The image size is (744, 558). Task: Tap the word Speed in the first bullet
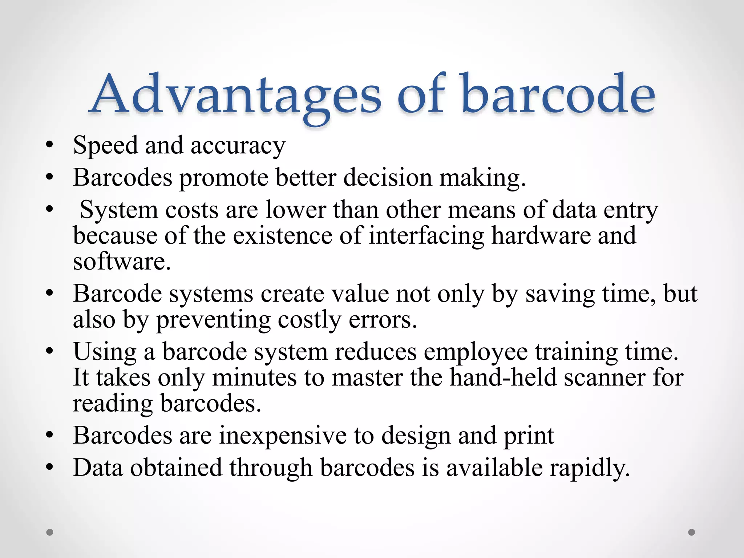coord(105,145)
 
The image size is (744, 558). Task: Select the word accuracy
coord(238,146)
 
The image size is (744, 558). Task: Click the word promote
coord(224,178)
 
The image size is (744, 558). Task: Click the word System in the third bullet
coord(118,210)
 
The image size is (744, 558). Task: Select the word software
coord(121,262)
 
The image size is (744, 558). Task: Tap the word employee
coord(476,352)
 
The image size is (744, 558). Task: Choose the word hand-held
coord(503,378)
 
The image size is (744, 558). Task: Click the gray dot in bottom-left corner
coord(50,532)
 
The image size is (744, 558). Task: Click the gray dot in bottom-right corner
coord(692,532)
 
